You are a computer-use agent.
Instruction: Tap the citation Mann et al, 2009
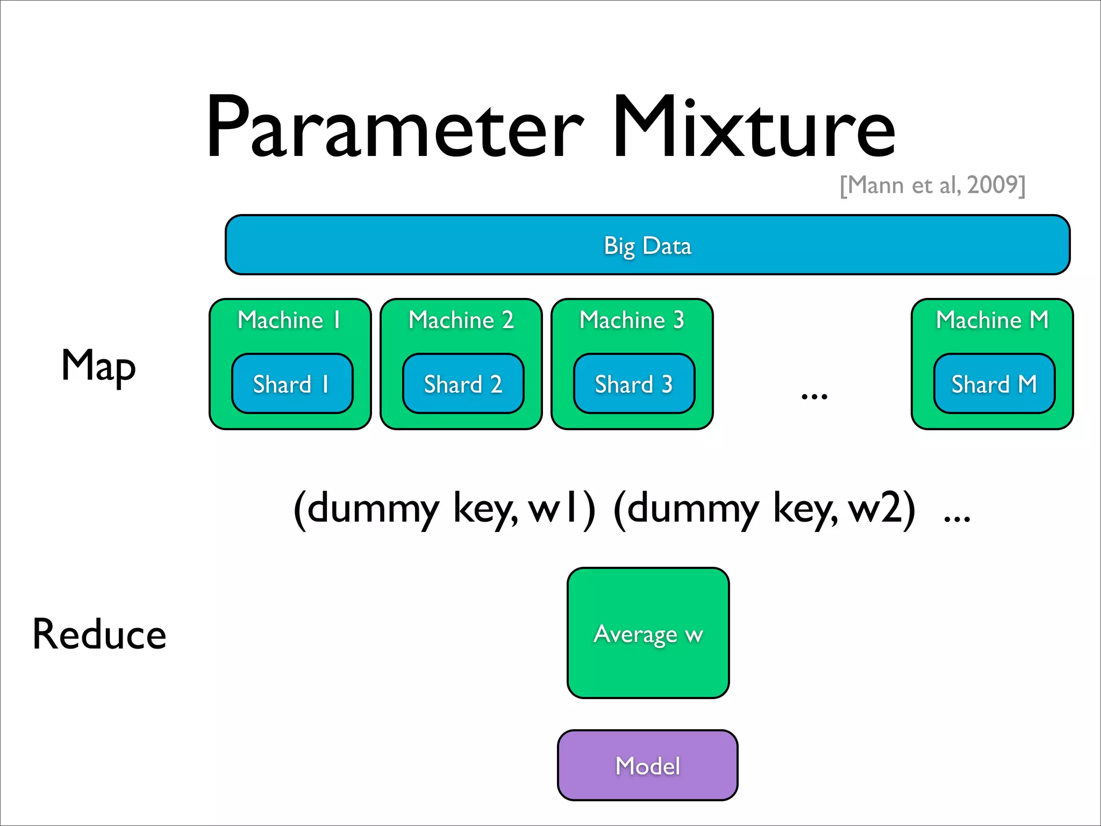click(933, 185)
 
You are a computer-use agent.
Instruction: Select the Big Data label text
click(647, 246)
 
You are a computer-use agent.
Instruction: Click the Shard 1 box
click(292, 384)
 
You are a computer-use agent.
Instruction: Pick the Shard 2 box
click(463, 384)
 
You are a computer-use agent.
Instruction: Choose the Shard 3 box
click(634, 384)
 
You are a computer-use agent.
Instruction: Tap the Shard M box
click(994, 384)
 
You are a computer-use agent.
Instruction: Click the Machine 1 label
click(289, 320)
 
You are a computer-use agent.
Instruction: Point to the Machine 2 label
click(461, 320)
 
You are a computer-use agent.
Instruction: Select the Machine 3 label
click(632, 320)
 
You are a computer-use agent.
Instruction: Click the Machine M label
click(992, 320)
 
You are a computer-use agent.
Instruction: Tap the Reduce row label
click(99, 635)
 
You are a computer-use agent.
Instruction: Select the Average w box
click(648, 633)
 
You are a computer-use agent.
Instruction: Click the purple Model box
click(647, 765)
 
